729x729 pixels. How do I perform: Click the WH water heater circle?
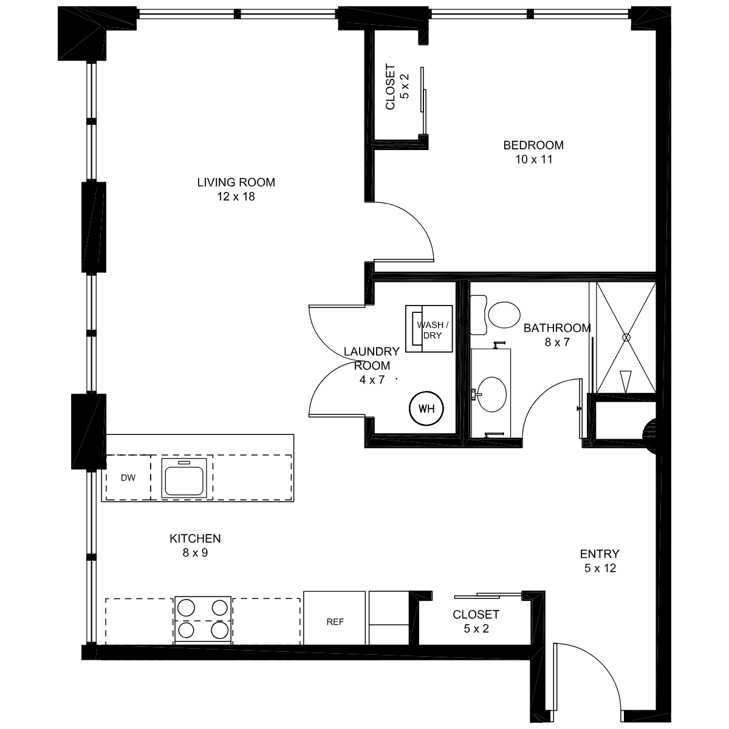pyautogui.click(x=426, y=409)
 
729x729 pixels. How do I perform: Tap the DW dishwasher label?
pyautogui.click(x=128, y=478)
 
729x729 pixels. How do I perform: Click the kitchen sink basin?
pyautogui.click(x=184, y=481)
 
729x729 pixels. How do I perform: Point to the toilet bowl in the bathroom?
pyautogui.click(x=504, y=314)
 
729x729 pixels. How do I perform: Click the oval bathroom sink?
pyautogui.click(x=492, y=394)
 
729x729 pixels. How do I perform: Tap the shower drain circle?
pyautogui.click(x=626, y=337)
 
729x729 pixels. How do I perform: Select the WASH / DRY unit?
pyautogui.click(x=429, y=329)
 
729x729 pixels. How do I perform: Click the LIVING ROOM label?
pyautogui.click(x=236, y=182)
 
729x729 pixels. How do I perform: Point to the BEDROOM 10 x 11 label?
pyautogui.click(x=533, y=152)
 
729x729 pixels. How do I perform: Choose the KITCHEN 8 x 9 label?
pyautogui.click(x=195, y=545)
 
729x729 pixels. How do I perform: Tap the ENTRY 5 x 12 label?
pyautogui.click(x=600, y=561)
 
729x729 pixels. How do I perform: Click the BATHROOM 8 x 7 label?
pyautogui.click(x=557, y=335)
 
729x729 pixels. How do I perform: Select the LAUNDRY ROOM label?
pyautogui.click(x=372, y=358)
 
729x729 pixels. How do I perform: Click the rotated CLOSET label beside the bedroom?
pyautogui.click(x=390, y=87)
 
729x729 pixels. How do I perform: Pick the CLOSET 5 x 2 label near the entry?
pyautogui.click(x=476, y=621)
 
